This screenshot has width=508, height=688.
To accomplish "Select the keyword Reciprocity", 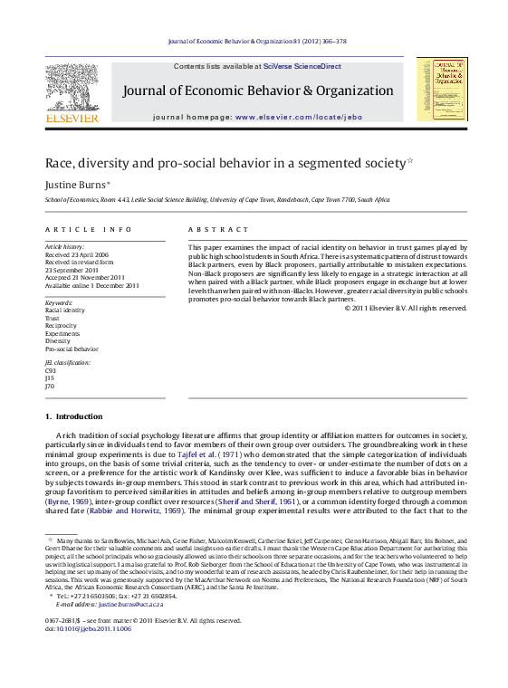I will pyautogui.click(x=62, y=325).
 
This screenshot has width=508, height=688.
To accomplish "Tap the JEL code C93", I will pyautogui.click(x=50, y=370).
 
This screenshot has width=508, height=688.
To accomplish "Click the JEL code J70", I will pyautogui.click(x=49, y=386).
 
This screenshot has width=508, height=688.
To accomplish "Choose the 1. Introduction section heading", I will pyautogui.click(x=73, y=416).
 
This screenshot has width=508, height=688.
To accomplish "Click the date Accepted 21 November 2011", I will pyautogui.click(x=88, y=278).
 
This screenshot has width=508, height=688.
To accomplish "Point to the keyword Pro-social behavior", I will pyautogui.click(x=72, y=348).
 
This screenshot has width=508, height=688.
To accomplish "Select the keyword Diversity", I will pyautogui.click(x=59, y=340).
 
